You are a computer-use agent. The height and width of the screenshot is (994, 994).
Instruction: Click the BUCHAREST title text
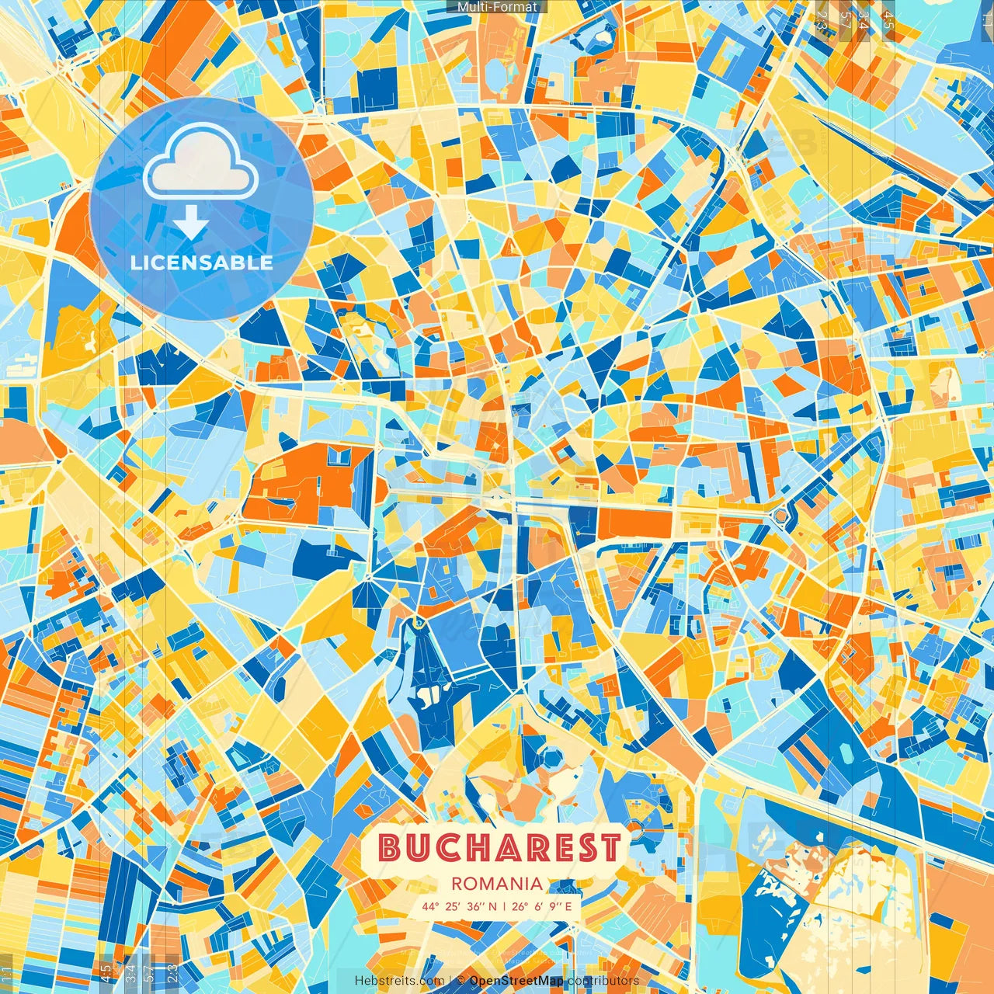(501, 847)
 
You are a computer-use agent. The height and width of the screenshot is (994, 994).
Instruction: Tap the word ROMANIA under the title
(497, 884)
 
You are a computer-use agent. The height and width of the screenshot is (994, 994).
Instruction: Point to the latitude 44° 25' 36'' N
(459, 906)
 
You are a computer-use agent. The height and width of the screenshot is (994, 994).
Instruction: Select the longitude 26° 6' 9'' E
(541, 906)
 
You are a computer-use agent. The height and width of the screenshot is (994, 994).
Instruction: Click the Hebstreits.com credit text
(400, 981)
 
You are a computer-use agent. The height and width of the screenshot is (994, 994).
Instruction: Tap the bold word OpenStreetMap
(516, 981)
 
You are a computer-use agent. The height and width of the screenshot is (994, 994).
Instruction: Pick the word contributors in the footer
(603, 981)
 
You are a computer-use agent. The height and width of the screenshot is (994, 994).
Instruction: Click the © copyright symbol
(461, 981)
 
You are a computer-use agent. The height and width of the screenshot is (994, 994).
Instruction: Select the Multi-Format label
(497, 7)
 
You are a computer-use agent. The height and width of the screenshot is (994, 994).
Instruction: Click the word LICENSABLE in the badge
(202, 262)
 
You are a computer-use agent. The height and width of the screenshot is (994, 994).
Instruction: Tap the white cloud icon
(201, 161)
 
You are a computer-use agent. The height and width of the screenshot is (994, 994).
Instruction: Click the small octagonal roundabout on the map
(779, 516)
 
